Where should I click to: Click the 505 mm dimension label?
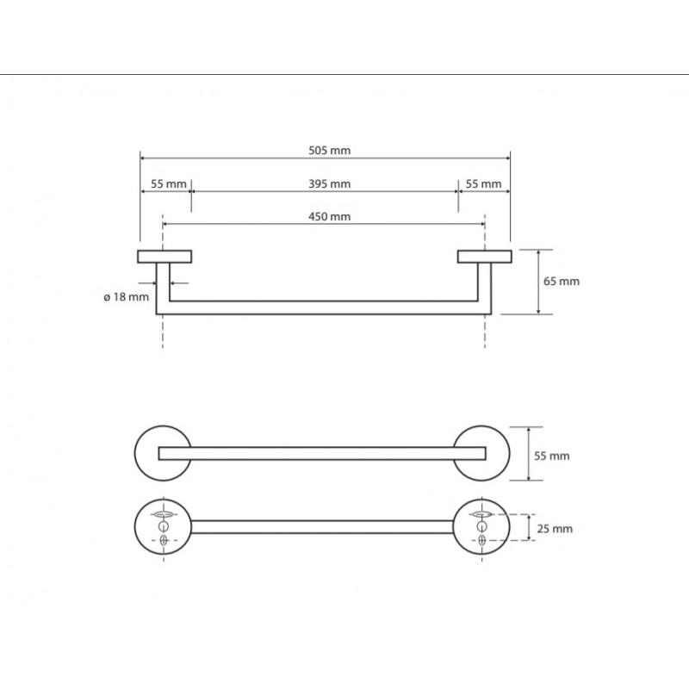pyautogui.click(x=329, y=151)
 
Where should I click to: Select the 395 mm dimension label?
pyautogui.click(x=329, y=183)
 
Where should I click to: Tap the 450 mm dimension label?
pyautogui.click(x=329, y=217)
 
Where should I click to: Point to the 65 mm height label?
pyautogui.click(x=562, y=282)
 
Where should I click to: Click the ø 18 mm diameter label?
pyautogui.click(x=126, y=297)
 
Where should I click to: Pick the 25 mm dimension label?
pyautogui.click(x=555, y=529)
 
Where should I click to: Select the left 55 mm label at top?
pyautogui.click(x=168, y=183)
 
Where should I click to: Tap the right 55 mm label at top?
pyautogui.click(x=483, y=183)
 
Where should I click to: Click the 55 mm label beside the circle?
pyautogui.click(x=551, y=456)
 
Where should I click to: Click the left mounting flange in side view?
pyautogui.click(x=164, y=257)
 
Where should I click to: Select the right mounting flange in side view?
pyautogui.click(x=484, y=257)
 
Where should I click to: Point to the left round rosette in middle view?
pyautogui.click(x=140, y=453)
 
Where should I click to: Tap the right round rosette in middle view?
pyautogui.click(x=505, y=453)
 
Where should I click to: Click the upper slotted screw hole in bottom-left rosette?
pyautogui.click(x=164, y=513)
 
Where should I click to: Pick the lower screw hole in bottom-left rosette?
pyautogui.click(x=164, y=540)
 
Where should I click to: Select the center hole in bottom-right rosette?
pyautogui.click(x=482, y=526)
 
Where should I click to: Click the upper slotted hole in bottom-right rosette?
pyautogui.click(x=482, y=513)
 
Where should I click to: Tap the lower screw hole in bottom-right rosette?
pyautogui.click(x=482, y=540)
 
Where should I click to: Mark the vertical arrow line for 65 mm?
pyautogui.click(x=539, y=282)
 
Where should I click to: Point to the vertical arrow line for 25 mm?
pyautogui.click(x=529, y=527)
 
